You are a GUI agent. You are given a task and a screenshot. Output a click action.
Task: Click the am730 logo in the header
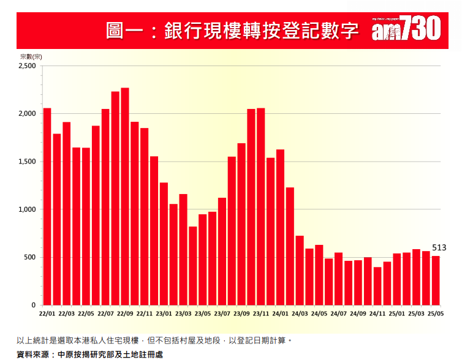[x=406, y=29]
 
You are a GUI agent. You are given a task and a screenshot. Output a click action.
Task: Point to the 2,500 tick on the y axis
[x=27, y=66]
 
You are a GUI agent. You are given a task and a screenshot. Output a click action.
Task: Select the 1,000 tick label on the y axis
[x=27, y=209]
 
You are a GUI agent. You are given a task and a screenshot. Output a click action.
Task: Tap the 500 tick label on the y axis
[x=30, y=257]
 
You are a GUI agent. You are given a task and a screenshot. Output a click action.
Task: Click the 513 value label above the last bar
[x=439, y=247]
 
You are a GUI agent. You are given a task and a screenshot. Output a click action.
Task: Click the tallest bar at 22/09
[x=125, y=196]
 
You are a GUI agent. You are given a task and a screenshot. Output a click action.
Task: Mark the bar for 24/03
[x=300, y=270]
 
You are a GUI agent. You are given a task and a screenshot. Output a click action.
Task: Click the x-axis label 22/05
[x=86, y=313]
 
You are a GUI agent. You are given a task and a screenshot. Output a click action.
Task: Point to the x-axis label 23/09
[x=241, y=313]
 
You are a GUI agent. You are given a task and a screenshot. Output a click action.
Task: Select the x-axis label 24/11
[x=377, y=313]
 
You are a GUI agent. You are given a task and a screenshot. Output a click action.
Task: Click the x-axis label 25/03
[x=416, y=313]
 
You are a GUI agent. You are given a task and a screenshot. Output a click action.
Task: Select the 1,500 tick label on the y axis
[x=27, y=162]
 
